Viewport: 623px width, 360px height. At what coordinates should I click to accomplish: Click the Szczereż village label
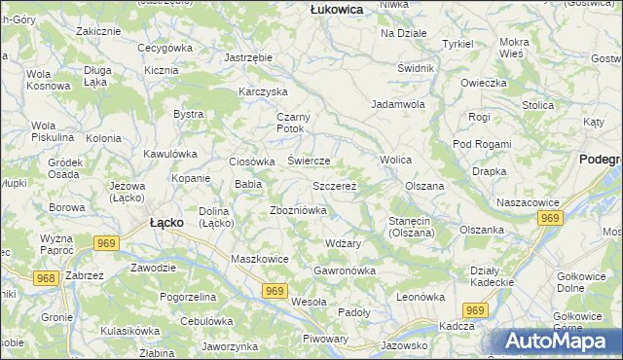[335, 185]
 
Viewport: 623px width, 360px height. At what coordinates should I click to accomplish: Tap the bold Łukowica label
[336, 9]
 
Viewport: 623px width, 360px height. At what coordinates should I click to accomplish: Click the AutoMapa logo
[563, 342]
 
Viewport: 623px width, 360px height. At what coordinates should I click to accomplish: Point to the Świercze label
[310, 161]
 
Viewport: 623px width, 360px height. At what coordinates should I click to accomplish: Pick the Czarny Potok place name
[292, 123]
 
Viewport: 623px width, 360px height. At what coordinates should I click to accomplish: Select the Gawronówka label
[345, 270]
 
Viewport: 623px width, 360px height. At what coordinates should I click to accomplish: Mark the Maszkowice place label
[259, 259]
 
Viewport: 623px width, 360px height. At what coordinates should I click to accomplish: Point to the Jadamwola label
[398, 103]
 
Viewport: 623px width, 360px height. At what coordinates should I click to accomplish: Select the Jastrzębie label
[248, 58]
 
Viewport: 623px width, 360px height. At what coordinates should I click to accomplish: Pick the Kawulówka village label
[170, 154]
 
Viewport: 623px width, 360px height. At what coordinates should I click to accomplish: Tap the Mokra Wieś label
[513, 48]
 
